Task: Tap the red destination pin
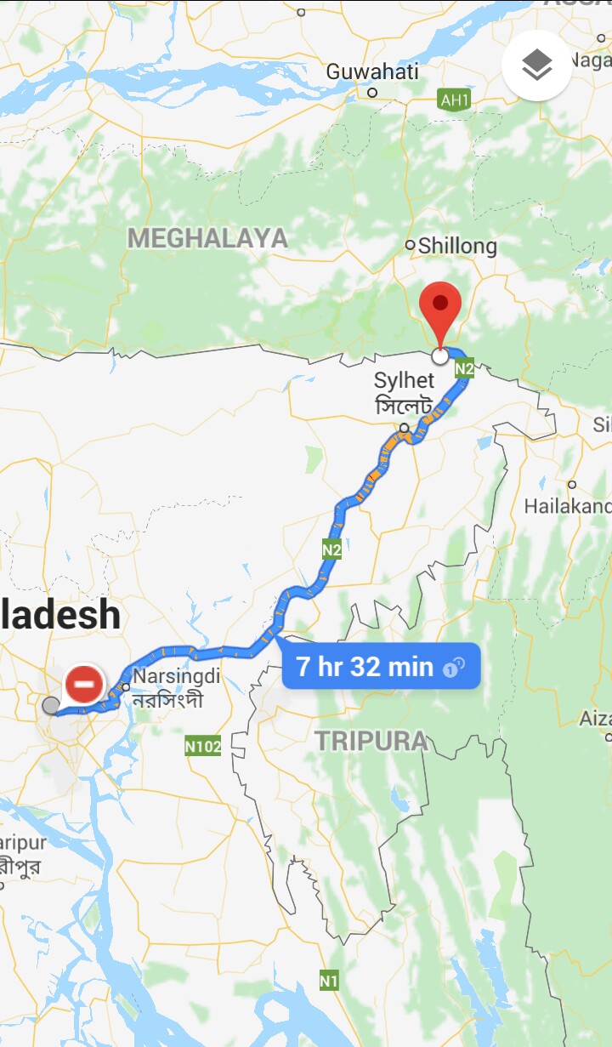[440, 306]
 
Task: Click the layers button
[536, 65]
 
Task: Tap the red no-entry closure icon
[84, 684]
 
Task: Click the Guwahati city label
[372, 71]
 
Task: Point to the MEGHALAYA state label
[208, 238]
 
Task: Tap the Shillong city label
[457, 246]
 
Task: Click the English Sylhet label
[405, 380]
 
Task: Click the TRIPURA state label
[372, 741]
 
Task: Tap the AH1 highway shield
[455, 100]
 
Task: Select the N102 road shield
[203, 747]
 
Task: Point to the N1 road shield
[329, 981]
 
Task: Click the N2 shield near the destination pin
[464, 368]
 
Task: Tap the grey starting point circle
[51, 705]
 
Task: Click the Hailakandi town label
[567, 506]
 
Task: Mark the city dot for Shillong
[411, 245]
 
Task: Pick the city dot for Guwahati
[372, 92]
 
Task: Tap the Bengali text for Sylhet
[405, 404]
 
